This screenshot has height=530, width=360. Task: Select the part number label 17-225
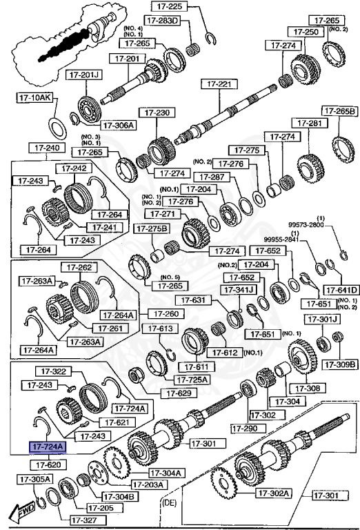(x=168, y=8)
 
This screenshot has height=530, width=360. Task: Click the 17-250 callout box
(x=306, y=32)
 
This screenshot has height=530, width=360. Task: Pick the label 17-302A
(x=274, y=493)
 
